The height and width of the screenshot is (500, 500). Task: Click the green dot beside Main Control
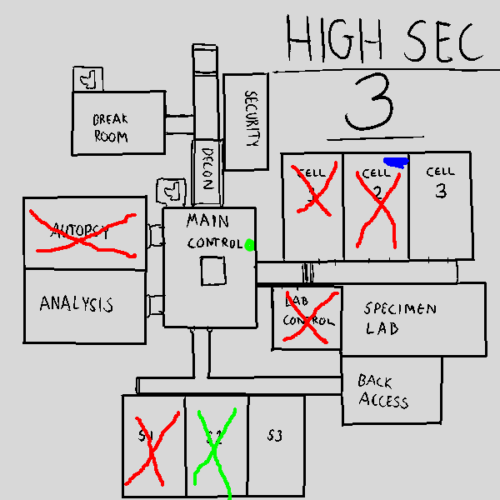tap(249, 244)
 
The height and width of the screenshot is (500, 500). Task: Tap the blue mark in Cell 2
tap(396, 162)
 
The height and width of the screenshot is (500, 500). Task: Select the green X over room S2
tap(214, 447)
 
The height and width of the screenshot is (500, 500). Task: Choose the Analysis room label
tap(76, 304)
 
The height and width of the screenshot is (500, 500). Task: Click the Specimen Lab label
tap(400, 318)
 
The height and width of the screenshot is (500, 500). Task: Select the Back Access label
tap(383, 391)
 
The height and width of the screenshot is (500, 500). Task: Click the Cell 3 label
tap(440, 182)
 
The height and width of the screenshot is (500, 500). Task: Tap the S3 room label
tap(275, 436)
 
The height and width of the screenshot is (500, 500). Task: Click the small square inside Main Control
tap(212, 272)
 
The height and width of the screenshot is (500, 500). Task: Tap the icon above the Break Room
tap(87, 78)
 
